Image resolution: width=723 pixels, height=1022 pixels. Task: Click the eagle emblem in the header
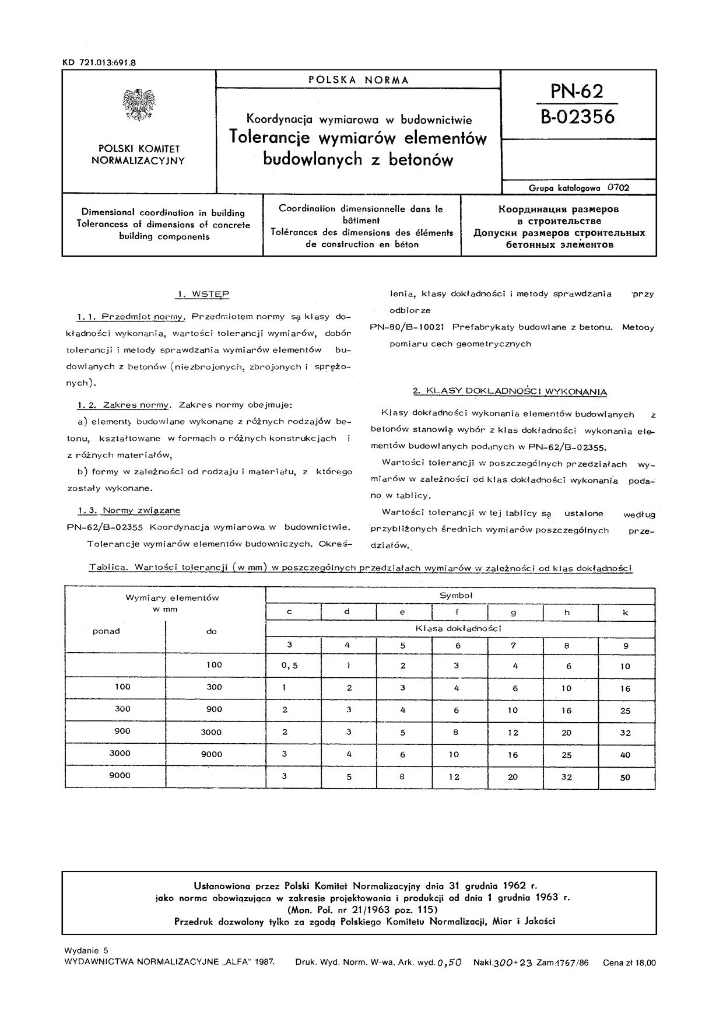138,105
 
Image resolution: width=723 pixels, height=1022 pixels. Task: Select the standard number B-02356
577,117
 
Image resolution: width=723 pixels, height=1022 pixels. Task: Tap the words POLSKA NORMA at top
359,80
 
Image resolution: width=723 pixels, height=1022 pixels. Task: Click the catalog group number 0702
619,188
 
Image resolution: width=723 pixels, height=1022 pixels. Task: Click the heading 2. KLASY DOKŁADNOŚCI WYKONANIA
510,391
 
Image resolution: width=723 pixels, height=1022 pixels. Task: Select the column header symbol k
626,612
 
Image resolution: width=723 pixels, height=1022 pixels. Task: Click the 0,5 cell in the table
289,666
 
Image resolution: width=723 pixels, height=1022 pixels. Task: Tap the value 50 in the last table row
625,777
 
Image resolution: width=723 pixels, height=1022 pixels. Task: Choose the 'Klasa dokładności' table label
458,628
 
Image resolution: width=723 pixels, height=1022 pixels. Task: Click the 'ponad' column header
106,631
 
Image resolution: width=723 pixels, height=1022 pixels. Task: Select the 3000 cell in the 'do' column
211,732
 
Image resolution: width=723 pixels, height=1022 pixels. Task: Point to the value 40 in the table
625,754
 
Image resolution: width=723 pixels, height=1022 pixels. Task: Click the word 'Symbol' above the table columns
456,596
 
